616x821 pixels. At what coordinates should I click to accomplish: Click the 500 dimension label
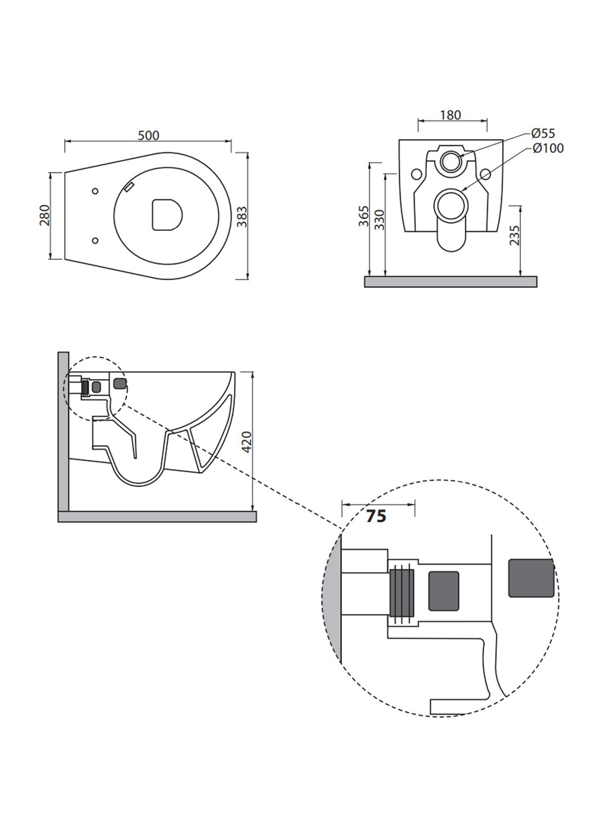click(x=148, y=135)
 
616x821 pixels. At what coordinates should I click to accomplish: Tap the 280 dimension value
click(x=45, y=215)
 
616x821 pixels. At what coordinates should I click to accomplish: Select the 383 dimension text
click(x=243, y=217)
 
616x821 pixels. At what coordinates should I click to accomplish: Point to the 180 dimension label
click(x=450, y=115)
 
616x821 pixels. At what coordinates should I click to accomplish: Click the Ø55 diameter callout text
click(x=543, y=133)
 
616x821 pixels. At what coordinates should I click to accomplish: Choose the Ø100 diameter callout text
click(x=548, y=148)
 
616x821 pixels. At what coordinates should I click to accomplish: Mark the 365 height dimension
click(x=364, y=216)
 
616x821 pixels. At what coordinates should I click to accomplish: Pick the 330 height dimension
click(x=380, y=220)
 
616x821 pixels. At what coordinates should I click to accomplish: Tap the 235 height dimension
click(x=515, y=235)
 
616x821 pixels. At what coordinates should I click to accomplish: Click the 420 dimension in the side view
click(x=247, y=442)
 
